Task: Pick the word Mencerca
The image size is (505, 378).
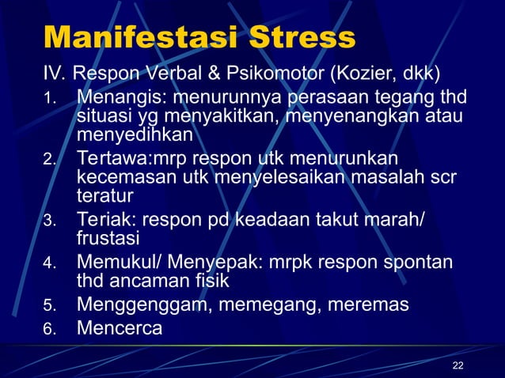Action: click(119, 327)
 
